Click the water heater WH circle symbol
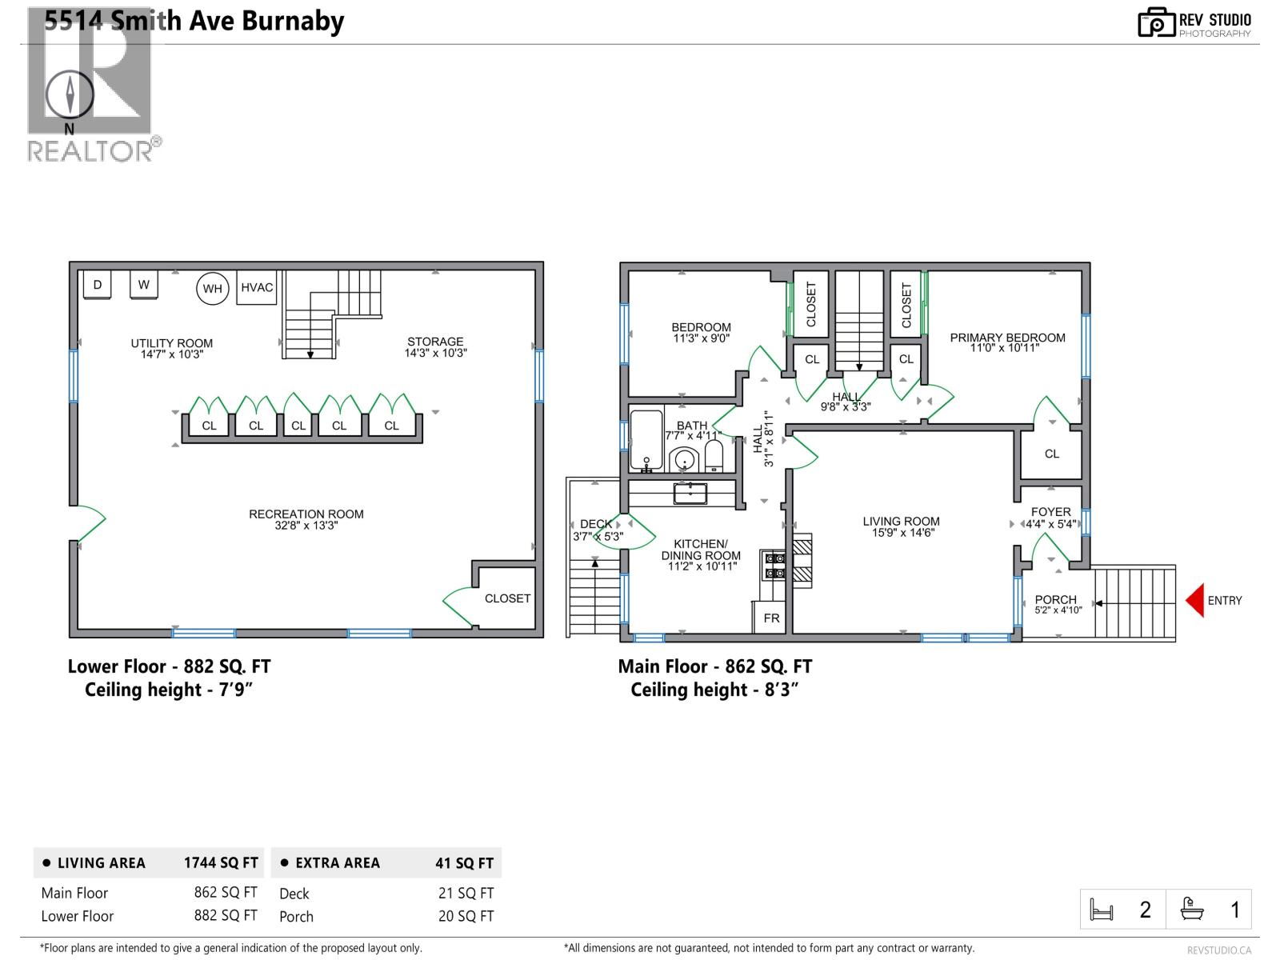pyautogui.click(x=212, y=289)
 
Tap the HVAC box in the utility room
pyautogui.click(x=257, y=288)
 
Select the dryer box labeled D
pyautogui.click(x=98, y=285)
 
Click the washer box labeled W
pyautogui.click(x=144, y=284)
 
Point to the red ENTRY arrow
pyautogui.click(x=1194, y=601)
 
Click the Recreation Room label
pyautogui.click(x=306, y=514)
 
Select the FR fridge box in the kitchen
pyautogui.click(x=771, y=618)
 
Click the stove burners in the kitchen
pyautogui.click(x=775, y=566)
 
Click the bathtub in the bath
pyautogui.click(x=646, y=440)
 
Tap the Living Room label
pyautogui.click(x=901, y=521)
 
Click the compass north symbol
pyautogui.click(x=70, y=95)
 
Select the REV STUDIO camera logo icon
pyautogui.click(x=1156, y=22)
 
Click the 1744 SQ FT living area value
pyautogui.click(x=221, y=863)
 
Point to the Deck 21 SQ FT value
pyautogui.click(x=466, y=894)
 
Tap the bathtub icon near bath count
pyautogui.click(x=1192, y=910)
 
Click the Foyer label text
pyautogui.click(x=1050, y=512)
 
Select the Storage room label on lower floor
pyautogui.click(x=434, y=342)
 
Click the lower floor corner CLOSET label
pyautogui.click(x=507, y=598)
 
